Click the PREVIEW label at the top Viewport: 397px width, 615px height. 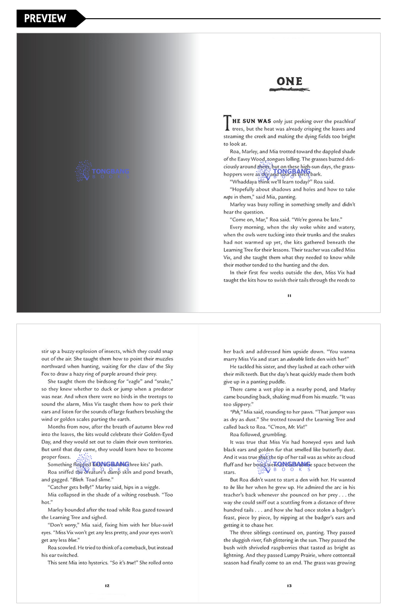point(45,18)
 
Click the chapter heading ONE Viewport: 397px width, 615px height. point(290,81)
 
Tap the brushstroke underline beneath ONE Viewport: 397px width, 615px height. point(290,90)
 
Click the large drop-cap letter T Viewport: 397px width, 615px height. point(227,123)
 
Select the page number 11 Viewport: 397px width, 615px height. point(290,296)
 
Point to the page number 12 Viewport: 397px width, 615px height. point(107,585)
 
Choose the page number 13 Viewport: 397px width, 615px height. point(290,585)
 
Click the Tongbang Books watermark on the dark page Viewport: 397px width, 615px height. point(102,172)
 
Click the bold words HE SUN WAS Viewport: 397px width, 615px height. point(252,121)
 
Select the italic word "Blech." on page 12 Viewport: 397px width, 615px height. point(78,480)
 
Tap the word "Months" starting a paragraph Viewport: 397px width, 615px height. point(57,427)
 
